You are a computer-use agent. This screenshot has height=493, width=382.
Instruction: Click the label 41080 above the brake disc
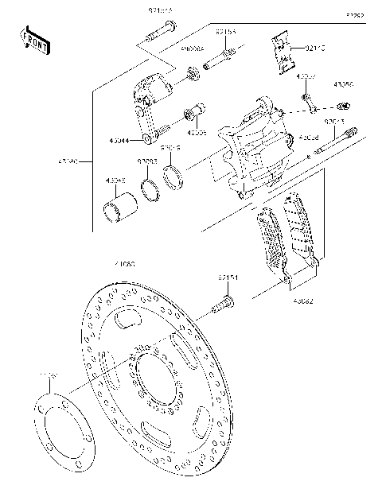point(125,263)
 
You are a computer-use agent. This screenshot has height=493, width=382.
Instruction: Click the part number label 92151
point(228,278)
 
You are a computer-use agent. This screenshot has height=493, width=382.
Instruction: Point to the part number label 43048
point(116,180)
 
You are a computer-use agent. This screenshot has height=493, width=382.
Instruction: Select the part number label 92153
point(226,33)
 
